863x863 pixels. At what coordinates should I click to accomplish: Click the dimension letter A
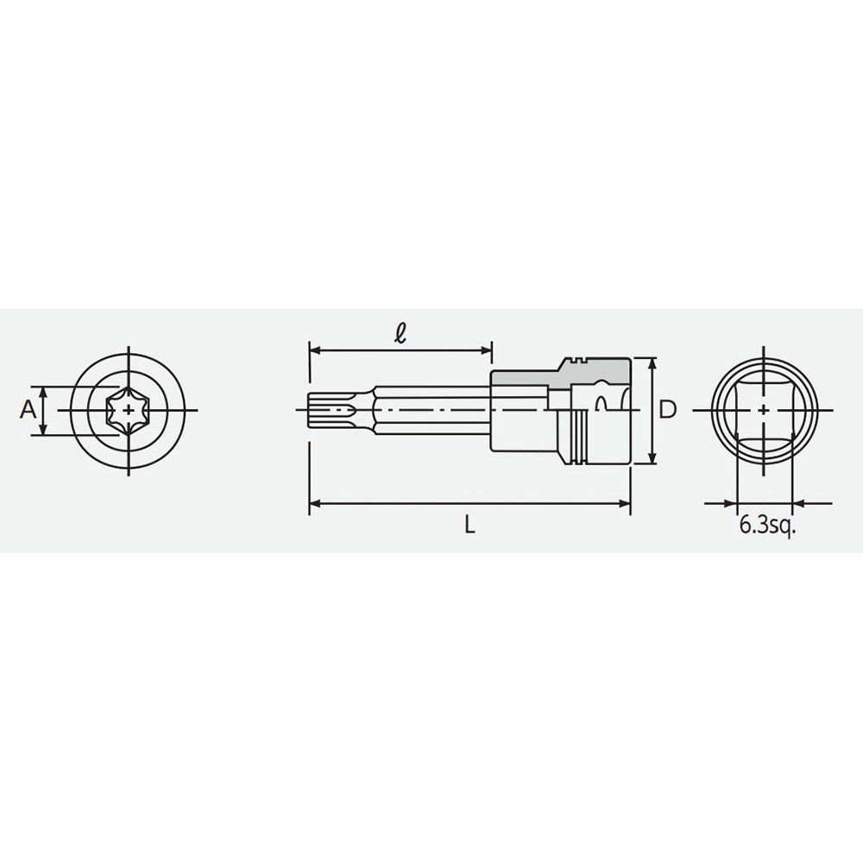click(28, 409)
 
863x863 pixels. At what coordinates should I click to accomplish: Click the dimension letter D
click(668, 409)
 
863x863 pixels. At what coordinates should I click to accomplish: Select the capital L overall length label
click(469, 526)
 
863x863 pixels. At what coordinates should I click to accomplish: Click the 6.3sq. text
click(768, 526)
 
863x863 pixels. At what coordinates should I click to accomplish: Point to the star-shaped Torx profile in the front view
click(129, 410)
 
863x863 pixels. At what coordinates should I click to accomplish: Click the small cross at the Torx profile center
click(129, 410)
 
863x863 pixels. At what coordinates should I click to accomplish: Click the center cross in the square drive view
click(764, 410)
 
